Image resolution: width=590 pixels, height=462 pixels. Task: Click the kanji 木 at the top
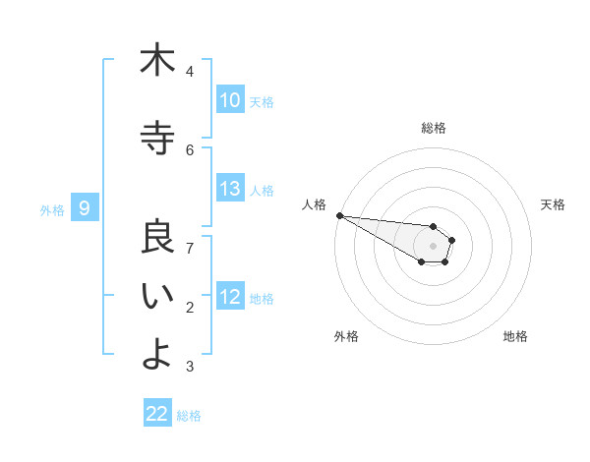157,60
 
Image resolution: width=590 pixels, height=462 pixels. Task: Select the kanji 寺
157,137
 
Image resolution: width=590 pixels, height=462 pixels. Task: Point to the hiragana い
157,297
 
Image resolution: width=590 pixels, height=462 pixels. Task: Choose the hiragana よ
157,354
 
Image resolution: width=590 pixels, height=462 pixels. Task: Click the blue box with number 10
229,100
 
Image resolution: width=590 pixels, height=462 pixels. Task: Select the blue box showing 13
229,189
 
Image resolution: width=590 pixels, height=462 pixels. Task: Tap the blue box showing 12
229,297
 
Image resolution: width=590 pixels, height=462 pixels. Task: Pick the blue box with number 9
85,208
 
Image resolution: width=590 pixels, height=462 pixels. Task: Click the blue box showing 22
157,414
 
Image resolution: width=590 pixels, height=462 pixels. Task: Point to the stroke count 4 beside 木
190,72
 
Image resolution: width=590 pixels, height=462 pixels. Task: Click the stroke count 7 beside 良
190,247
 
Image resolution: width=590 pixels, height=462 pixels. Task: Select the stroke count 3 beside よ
190,367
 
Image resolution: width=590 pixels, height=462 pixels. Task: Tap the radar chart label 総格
433,128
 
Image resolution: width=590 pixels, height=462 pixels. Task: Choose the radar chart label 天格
553,204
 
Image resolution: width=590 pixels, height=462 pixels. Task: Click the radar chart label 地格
515,336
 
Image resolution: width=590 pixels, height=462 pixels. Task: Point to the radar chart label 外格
346,336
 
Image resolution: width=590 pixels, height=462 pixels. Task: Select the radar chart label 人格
314,204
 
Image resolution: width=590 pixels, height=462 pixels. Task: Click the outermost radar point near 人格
339,215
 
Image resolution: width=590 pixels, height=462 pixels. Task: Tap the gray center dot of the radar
433,246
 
